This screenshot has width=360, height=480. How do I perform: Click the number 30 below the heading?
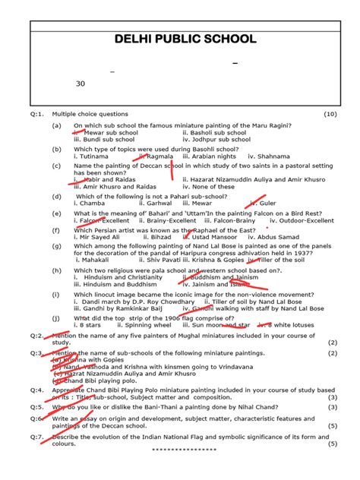click(81, 84)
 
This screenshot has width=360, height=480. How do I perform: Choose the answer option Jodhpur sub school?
click(219, 140)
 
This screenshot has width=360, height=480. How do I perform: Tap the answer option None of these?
click(207, 187)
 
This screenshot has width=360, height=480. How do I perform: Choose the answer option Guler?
click(267, 204)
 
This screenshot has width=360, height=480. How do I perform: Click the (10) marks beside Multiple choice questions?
click(329, 114)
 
